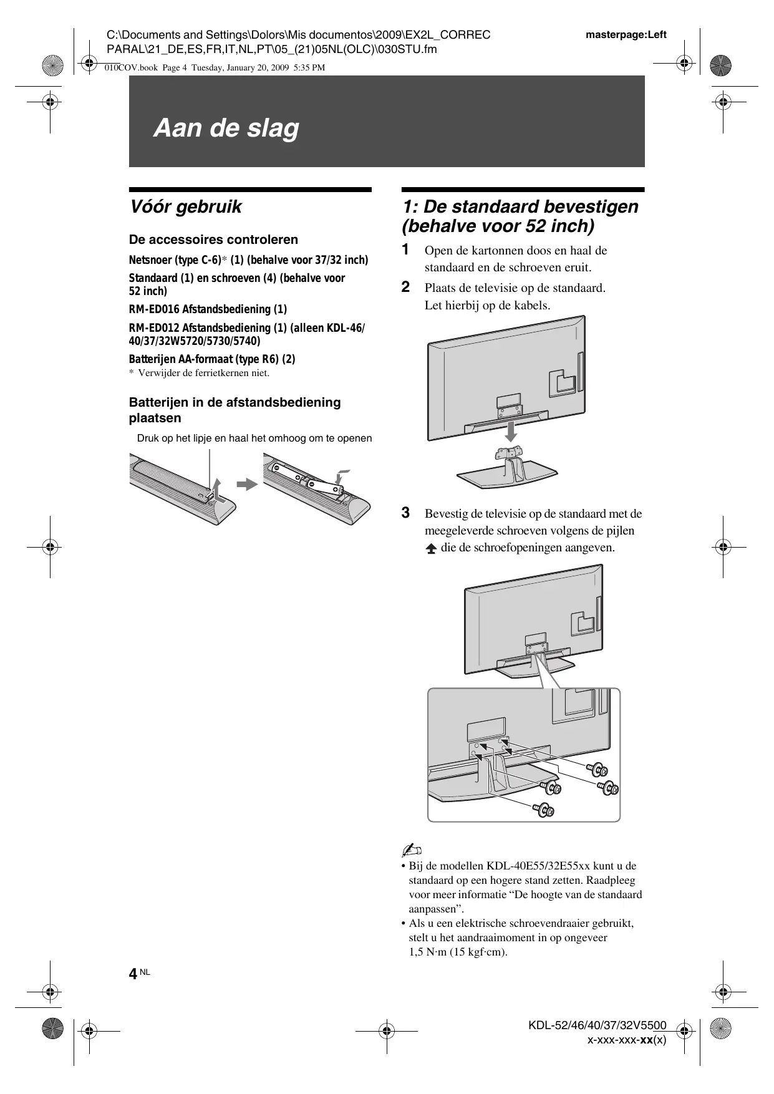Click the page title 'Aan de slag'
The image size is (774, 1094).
point(226,128)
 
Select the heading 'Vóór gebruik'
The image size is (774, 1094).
point(185,206)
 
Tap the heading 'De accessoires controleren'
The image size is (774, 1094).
point(213,240)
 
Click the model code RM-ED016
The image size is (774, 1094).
point(154,309)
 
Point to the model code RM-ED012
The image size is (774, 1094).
point(154,327)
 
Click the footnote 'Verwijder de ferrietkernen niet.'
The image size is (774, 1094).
point(203,373)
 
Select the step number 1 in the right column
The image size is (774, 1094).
point(405,249)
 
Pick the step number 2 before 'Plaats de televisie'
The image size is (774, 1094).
point(405,287)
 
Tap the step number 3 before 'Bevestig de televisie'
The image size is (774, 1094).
point(405,513)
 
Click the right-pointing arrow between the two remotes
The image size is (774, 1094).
point(248,484)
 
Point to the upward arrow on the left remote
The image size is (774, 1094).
point(215,488)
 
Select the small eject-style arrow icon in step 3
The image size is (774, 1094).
point(431,549)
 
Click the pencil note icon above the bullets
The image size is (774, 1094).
point(412,850)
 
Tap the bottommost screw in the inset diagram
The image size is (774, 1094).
point(543,810)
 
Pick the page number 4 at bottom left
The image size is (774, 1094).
point(133,974)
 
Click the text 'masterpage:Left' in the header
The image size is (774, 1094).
point(626,35)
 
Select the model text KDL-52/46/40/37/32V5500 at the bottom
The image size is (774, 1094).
point(597,1025)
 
